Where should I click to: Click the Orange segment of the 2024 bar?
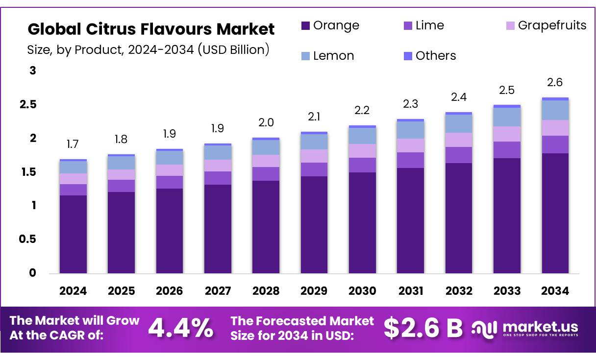[x=73, y=234]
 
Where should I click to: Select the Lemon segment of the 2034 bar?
[x=555, y=110]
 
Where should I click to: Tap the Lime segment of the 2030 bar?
[x=362, y=165]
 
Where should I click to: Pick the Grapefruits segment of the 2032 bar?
[x=459, y=140]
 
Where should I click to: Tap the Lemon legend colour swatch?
[x=305, y=56]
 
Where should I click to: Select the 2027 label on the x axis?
[x=218, y=291]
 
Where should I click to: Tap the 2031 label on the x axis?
[x=411, y=291]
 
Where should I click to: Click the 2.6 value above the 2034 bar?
[x=555, y=82]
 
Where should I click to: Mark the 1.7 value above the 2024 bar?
[x=73, y=144]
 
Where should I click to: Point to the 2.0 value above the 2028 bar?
[x=266, y=122]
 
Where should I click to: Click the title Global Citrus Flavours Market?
[x=151, y=29]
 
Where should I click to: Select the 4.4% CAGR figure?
[x=180, y=328]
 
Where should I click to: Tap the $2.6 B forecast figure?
[x=422, y=328]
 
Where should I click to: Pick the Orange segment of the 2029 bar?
[x=314, y=224]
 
